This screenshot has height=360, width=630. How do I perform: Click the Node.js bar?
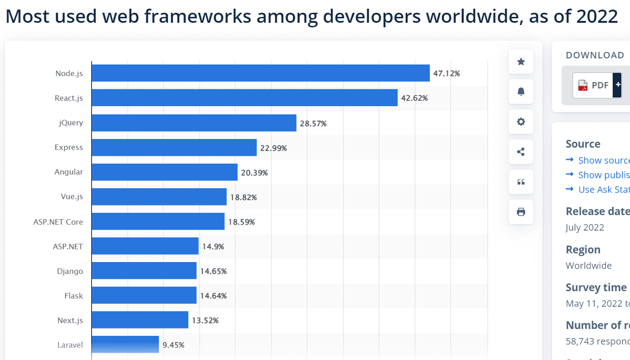point(260,73)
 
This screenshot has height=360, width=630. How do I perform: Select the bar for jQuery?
point(194,123)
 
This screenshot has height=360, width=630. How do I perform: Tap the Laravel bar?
point(125,345)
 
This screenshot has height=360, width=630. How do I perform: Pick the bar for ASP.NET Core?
point(158,221)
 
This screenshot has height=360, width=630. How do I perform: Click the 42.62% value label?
point(414,98)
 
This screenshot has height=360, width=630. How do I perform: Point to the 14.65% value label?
point(213,271)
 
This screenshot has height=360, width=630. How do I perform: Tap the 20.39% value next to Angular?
point(254,173)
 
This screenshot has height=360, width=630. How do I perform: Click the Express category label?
point(69,147)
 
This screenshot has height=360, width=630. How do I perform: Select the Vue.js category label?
point(72,197)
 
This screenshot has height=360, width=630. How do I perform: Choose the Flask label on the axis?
point(73,296)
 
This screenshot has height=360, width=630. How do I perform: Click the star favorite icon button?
point(521,62)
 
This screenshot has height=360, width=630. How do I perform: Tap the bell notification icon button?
point(521,92)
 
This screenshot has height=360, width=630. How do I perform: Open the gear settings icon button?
point(521,122)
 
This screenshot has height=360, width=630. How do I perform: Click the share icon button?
point(521,152)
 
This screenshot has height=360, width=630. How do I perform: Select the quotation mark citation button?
point(521,182)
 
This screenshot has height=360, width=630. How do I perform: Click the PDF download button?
point(593,85)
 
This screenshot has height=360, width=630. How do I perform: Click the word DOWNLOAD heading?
point(595,55)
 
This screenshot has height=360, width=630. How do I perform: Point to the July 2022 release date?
point(585,227)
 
